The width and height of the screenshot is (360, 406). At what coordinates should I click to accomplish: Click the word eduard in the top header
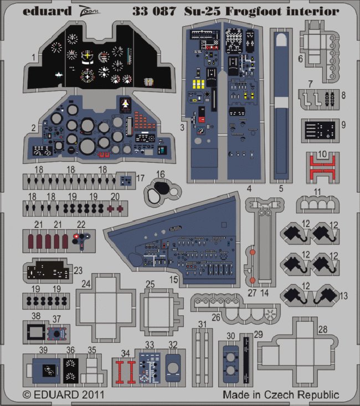[47, 11]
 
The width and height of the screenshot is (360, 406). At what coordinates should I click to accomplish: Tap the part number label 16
[160, 174]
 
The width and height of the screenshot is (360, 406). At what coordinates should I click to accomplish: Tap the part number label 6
[300, 58]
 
